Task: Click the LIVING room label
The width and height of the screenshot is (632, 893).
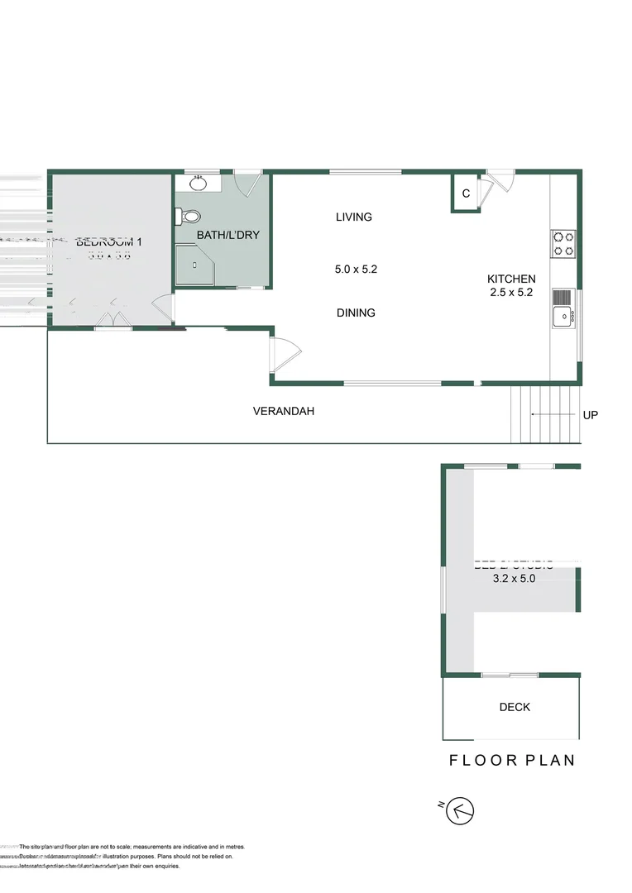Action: (354, 217)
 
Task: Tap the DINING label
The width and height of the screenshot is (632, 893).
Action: (356, 313)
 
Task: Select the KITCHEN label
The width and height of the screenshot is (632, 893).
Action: (510, 279)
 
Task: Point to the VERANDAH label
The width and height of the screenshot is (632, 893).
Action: (284, 411)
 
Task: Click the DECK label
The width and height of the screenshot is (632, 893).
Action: (515, 707)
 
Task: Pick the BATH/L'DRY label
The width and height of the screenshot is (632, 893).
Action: (227, 236)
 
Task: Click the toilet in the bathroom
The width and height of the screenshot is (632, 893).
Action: (188, 217)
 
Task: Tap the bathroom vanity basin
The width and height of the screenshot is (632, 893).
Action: (198, 183)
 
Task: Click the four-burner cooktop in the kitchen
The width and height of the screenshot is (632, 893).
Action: (563, 243)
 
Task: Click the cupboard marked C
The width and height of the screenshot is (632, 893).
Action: (466, 194)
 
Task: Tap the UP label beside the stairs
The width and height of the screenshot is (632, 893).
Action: (590, 415)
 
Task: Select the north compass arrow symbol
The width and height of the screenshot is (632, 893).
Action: (460, 811)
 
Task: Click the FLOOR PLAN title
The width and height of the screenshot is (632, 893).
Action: (512, 761)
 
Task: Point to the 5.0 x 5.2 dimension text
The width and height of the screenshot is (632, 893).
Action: (356, 269)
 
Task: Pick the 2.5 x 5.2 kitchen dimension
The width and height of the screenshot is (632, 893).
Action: (510, 292)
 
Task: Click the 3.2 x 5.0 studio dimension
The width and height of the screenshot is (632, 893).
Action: (514, 579)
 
